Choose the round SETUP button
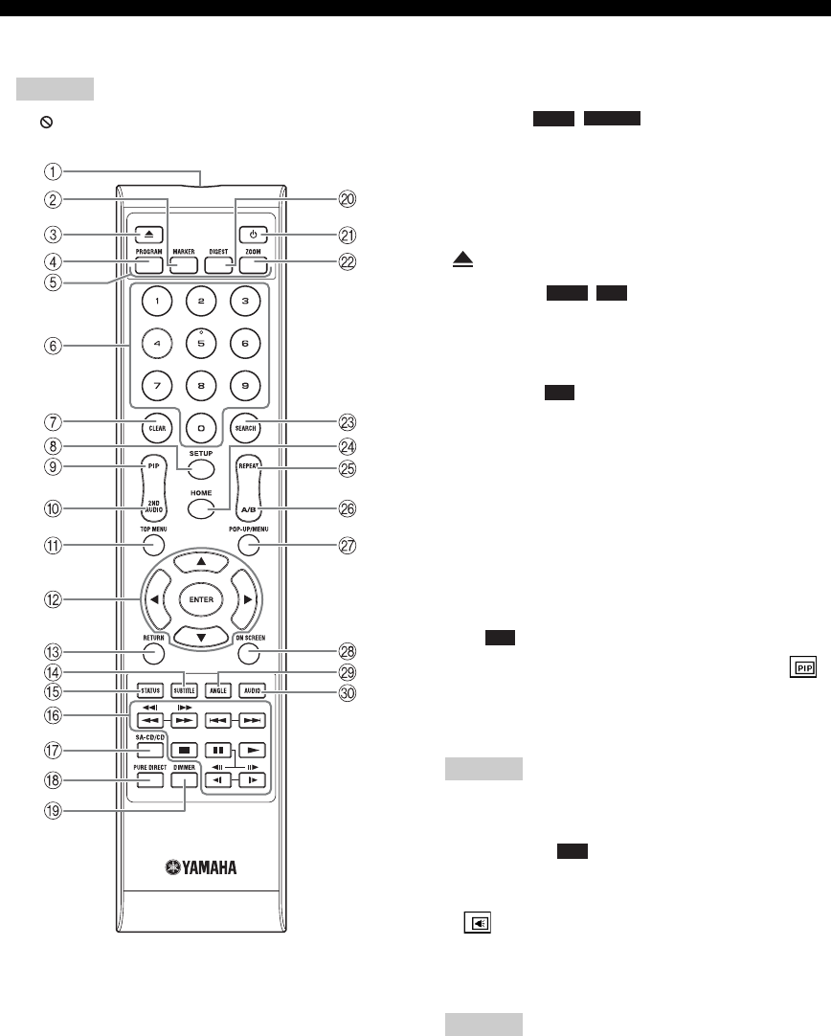coord(199,469)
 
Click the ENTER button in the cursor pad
coord(199,598)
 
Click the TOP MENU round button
coord(153,546)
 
